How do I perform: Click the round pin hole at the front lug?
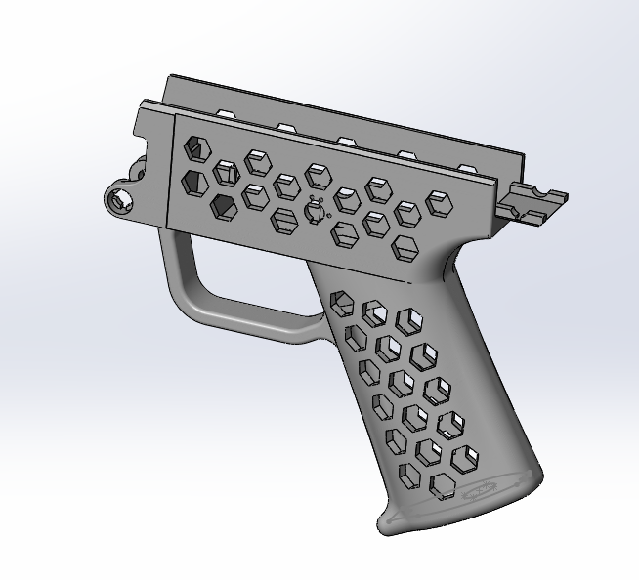coord(121,200)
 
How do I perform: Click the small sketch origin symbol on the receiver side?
coord(315,211)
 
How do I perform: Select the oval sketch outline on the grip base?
coord(483,490)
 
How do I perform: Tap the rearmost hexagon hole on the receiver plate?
coord(440,203)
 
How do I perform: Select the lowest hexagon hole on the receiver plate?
coord(404,248)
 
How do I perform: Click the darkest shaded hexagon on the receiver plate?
coord(224,205)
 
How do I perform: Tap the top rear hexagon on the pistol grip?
coord(410,321)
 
